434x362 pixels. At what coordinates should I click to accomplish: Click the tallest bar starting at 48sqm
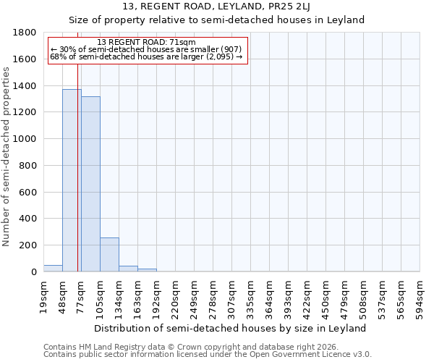72,180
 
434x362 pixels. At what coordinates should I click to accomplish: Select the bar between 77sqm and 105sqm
90,184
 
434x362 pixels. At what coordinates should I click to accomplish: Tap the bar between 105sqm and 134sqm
109,254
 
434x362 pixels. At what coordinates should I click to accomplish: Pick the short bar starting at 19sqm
53,268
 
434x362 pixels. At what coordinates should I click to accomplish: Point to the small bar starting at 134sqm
128,269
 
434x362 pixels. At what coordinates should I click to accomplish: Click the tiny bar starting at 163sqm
147,270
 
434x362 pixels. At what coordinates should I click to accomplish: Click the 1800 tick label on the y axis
24,33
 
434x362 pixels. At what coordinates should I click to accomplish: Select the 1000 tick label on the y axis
24,139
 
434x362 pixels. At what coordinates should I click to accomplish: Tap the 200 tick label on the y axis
27,245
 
